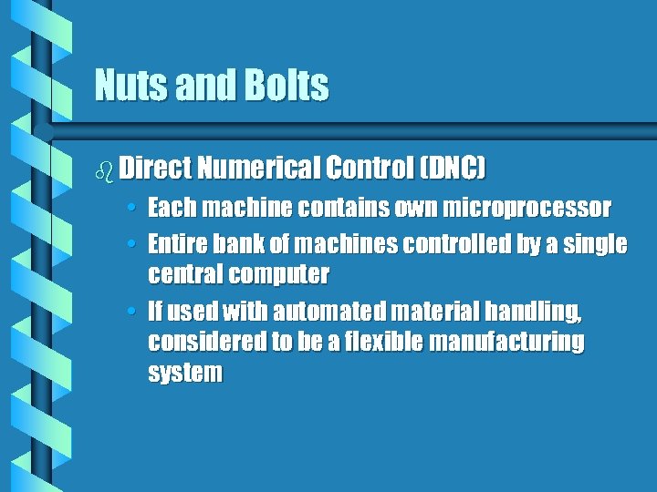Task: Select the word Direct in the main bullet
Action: click(153, 168)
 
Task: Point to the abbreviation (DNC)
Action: click(452, 168)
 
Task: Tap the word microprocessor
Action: click(527, 209)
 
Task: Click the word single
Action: click(599, 244)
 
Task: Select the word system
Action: click(184, 374)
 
